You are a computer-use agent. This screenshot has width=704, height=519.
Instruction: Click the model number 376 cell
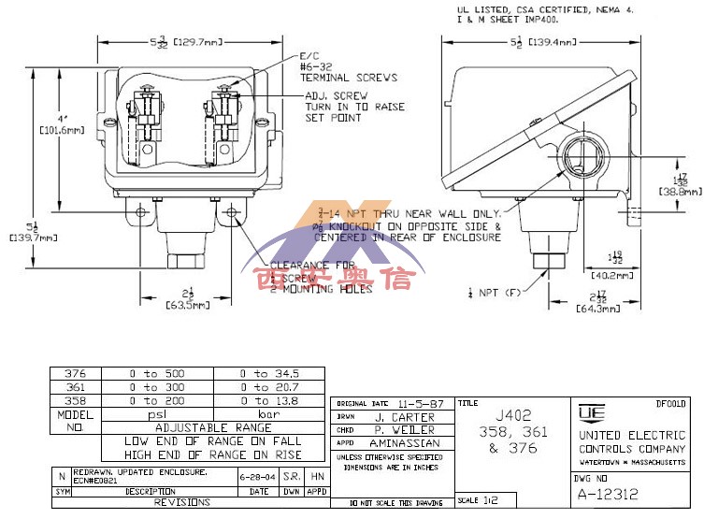coord(75,373)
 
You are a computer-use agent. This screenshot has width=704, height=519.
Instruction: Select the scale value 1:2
coord(491,500)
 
